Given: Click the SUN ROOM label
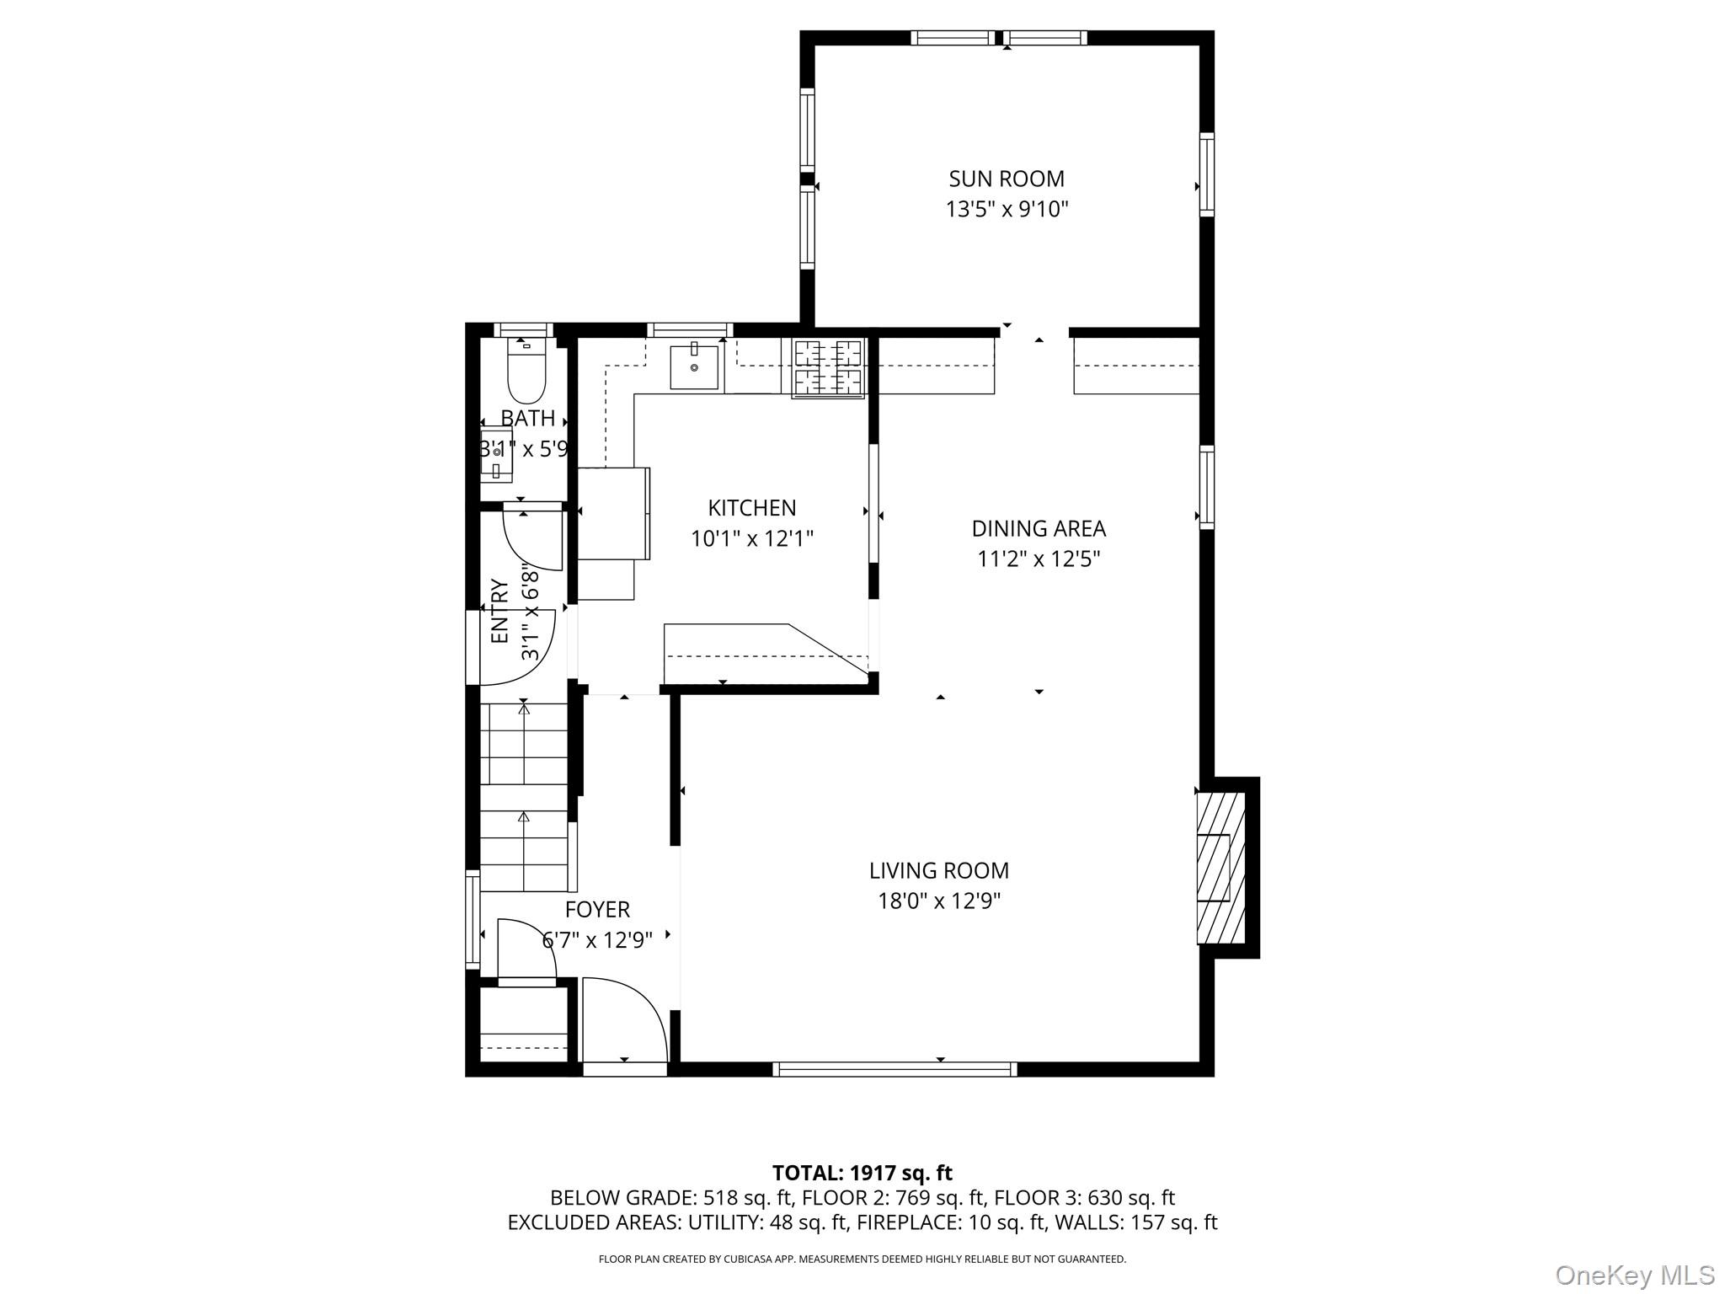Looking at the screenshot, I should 1006,179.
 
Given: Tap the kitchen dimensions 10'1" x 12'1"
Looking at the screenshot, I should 752,538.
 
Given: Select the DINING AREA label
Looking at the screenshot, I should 1038,528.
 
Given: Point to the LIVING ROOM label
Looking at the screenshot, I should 938,870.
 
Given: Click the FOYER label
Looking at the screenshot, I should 597,910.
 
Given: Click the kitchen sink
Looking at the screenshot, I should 694,367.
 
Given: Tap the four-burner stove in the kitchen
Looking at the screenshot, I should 829,367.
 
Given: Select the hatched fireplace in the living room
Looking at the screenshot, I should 1220,868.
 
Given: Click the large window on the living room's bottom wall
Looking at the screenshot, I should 895,1069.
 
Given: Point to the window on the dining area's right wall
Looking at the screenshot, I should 1207,488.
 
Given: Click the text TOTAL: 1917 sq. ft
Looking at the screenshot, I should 862,1173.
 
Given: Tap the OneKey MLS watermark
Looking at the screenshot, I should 1634,1275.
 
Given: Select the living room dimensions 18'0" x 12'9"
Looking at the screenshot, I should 938,901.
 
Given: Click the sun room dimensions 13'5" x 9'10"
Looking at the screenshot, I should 1006,209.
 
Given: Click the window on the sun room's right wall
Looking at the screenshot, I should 1207,174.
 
